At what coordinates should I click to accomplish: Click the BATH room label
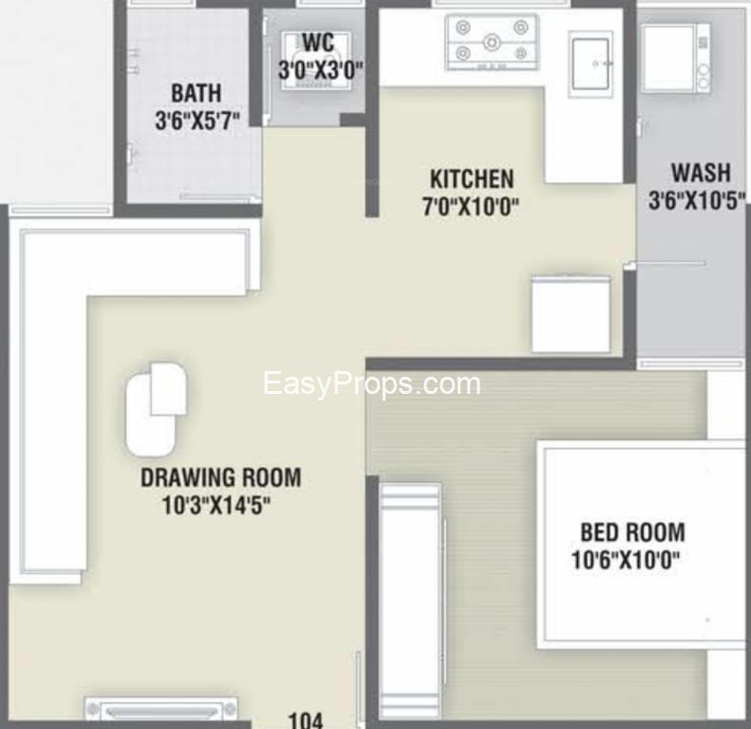click(197, 93)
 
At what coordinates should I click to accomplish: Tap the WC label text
click(318, 42)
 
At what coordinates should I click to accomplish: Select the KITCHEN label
click(472, 178)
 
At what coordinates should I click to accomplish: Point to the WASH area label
click(701, 173)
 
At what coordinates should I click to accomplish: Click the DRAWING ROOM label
click(221, 477)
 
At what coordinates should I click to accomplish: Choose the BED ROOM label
click(632, 533)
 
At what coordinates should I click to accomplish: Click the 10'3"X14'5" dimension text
click(216, 505)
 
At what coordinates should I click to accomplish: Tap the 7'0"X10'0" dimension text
click(471, 207)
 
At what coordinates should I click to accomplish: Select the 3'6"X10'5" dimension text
click(697, 199)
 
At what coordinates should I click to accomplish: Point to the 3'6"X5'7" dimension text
click(197, 120)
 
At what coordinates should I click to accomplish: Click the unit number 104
click(306, 720)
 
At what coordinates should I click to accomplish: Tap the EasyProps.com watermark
click(371, 384)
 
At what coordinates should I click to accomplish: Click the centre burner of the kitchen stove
click(492, 43)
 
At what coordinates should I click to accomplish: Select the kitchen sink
click(591, 65)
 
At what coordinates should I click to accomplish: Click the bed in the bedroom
click(641, 545)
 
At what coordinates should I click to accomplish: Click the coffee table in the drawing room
click(156, 408)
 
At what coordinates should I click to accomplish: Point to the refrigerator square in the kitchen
click(572, 314)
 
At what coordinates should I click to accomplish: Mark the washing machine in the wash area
click(676, 58)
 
